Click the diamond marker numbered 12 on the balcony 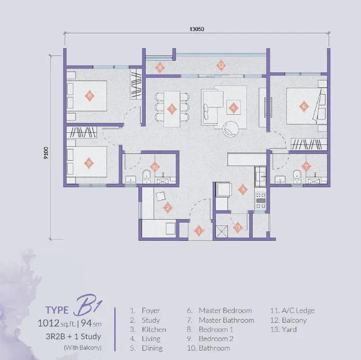pyautogui.click(x=221, y=66)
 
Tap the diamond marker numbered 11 pyautogui.click(x=160, y=68)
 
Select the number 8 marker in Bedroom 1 pyautogui.click(x=89, y=96)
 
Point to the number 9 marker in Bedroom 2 pyautogui.click(x=89, y=163)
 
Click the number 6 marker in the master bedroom pyautogui.click(x=304, y=106)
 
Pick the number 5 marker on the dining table pyautogui.click(x=172, y=109)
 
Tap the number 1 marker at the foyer pyautogui.click(x=199, y=231)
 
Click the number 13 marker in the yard pyautogui.click(x=238, y=228)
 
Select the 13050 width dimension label pyautogui.click(x=196, y=29)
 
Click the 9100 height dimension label pyautogui.click(x=46, y=153)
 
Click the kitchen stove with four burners pyautogui.click(x=261, y=200)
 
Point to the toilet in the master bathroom pyautogui.click(x=297, y=176)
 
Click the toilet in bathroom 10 pyautogui.click(x=147, y=176)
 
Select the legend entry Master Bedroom pyautogui.click(x=225, y=310)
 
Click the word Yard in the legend pyautogui.click(x=290, y=329)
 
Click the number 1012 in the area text pyautogui.click(x=49, y=323)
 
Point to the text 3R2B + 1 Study pyautogui.click(x=73, y=337)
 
